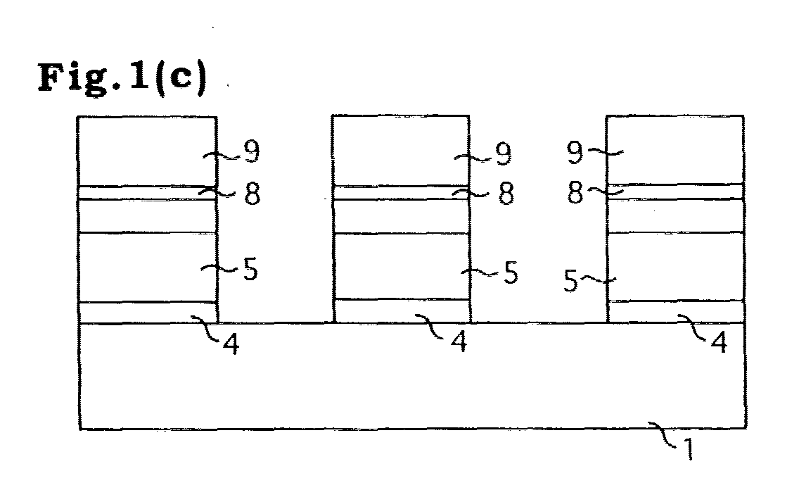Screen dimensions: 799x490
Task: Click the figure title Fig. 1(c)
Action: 123,77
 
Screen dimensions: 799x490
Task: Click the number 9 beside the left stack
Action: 252,151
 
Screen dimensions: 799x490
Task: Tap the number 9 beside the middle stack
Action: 504,153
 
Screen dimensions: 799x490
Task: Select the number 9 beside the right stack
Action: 575,152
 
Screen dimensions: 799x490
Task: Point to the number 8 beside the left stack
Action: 253,194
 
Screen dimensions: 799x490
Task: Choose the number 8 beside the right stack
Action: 575,194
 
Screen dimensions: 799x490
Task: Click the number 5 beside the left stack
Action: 250,269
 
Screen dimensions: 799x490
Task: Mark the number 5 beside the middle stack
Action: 511,272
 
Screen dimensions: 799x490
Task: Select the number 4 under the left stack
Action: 231,345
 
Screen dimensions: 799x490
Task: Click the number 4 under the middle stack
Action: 459,341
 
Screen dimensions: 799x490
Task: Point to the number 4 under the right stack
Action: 719,342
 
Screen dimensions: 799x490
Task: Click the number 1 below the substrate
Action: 688,450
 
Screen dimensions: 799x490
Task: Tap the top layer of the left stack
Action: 147,151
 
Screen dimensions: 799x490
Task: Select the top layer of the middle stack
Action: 400,151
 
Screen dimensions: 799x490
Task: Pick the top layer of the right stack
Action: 675,151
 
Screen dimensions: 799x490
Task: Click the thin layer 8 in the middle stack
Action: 400,193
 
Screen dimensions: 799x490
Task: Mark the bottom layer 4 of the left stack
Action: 148,313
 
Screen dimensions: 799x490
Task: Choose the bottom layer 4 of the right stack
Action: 677,312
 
